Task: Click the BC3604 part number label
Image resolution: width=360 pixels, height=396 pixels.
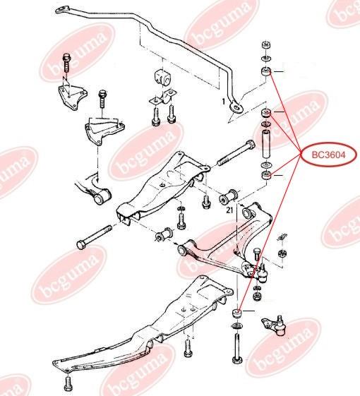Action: point(328,155)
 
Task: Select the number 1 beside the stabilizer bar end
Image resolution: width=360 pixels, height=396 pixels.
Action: point(223,102)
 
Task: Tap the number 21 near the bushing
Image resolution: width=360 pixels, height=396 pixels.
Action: point(229,210)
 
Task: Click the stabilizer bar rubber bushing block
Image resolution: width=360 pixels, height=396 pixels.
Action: point(162,77)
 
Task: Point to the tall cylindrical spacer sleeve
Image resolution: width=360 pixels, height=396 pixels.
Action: point(266,144)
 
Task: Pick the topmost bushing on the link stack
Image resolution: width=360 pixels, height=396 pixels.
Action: point(266,45)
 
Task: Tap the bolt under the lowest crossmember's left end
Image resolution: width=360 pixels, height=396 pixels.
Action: point(68,384)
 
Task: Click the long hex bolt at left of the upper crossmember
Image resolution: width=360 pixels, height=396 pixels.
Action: point(94,237)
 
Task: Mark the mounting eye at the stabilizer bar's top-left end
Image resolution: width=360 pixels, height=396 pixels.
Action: point(62,10)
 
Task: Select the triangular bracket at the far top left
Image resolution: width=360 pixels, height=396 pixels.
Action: point(72,97)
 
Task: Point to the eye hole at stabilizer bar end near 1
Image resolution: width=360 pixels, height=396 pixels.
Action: point(236,108)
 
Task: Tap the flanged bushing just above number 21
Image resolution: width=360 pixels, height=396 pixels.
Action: point(229,196)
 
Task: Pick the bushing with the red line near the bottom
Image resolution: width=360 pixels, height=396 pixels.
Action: point(237,313)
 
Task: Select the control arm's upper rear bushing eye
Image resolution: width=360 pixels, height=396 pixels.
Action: point(248,212)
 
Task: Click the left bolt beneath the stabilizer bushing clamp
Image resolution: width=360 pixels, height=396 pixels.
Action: point(156,116)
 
